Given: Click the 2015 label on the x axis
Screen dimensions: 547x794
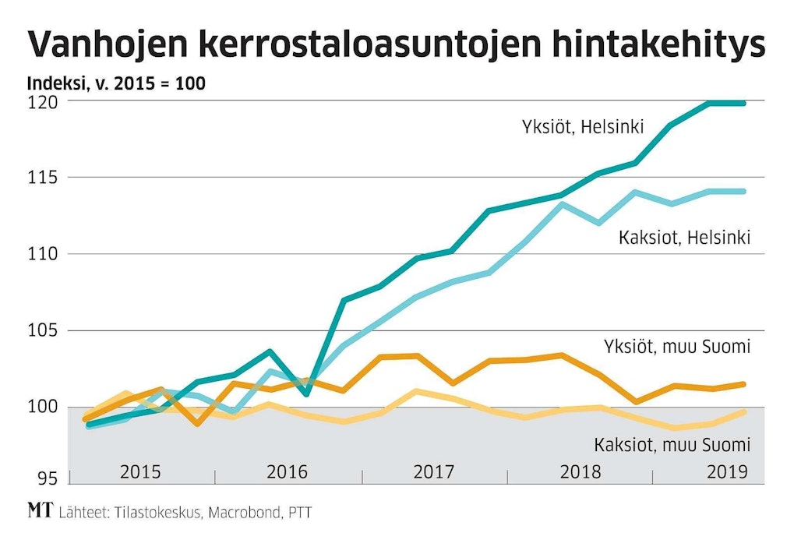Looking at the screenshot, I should point(140,472).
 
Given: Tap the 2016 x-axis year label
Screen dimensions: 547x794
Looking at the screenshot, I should point(288,472).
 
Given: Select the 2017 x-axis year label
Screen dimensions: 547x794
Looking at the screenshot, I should point(433,472).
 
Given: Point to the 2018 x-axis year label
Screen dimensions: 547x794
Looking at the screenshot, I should point(580,472).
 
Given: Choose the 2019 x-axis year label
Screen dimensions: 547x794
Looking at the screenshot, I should point(725,472).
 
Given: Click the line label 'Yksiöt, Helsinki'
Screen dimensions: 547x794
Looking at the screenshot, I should point(583,127).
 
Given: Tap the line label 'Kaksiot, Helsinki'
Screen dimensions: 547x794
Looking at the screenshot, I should point(684,238).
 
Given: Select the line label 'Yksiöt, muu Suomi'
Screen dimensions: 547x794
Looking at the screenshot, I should point(676,347).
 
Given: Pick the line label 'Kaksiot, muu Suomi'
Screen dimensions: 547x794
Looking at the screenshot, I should point(672,445).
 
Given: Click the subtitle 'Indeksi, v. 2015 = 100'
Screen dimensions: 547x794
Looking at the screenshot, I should point(116,83).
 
